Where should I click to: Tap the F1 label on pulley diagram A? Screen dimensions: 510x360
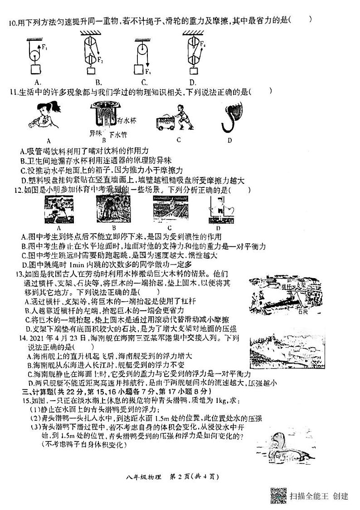44,46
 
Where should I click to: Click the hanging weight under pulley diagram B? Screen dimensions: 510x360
91,70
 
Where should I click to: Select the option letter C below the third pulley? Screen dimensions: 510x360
144,82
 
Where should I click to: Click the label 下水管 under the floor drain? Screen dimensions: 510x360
119,134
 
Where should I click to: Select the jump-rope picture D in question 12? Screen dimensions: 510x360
219,209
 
